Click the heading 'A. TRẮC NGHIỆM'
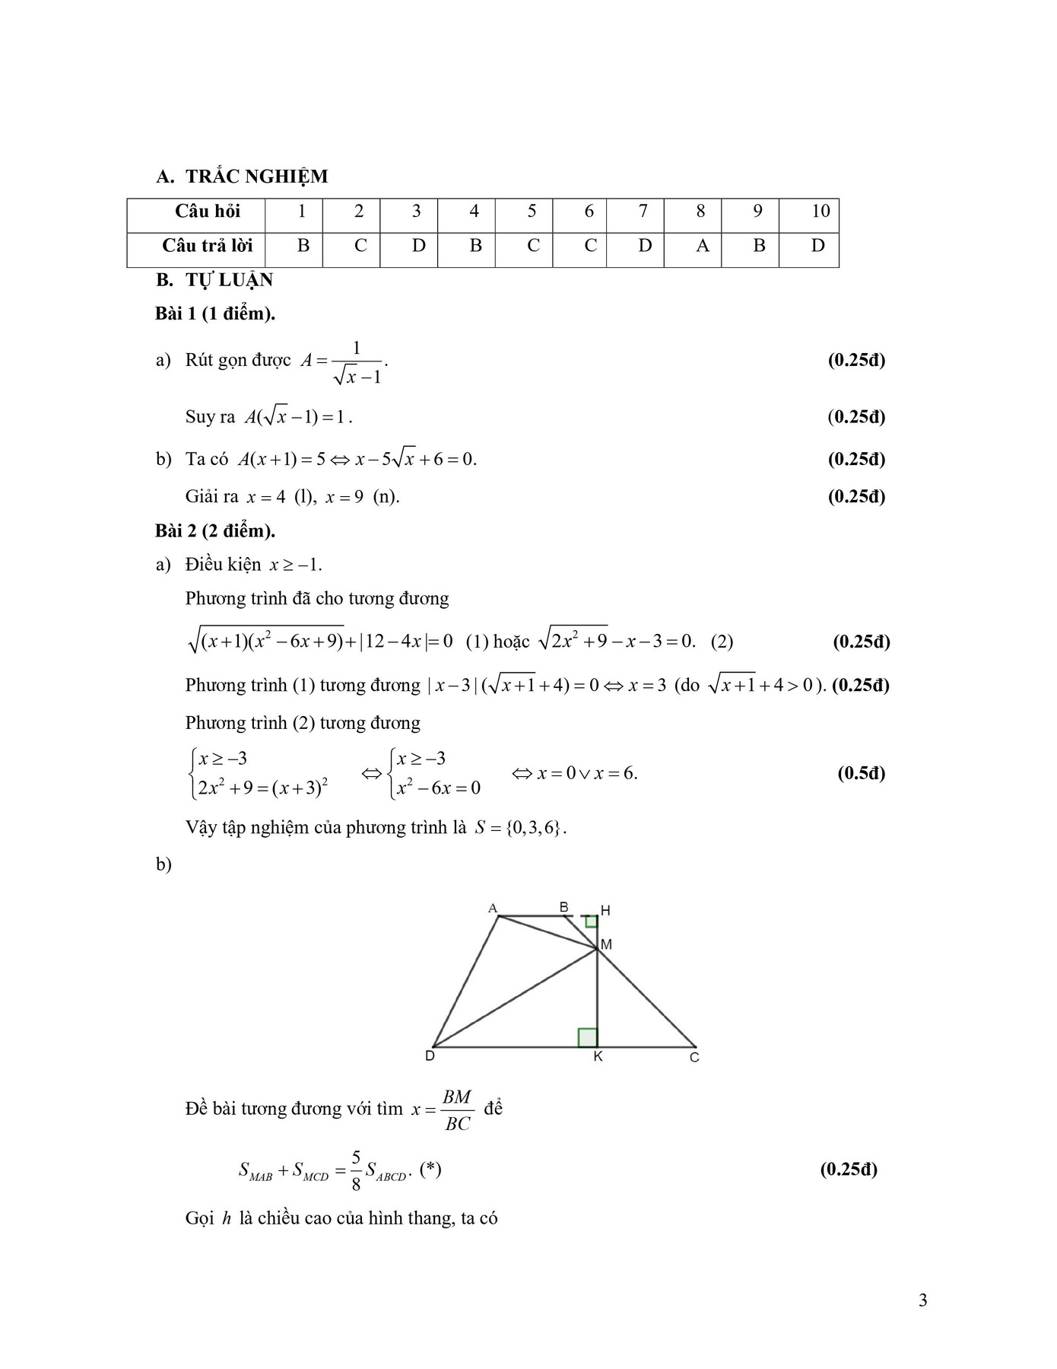(x=242, y=177)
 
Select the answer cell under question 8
(x=702, y=246)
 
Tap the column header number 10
(x=821, y=212)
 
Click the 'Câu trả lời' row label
(x=207, y=246)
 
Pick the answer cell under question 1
(x=303, y=246)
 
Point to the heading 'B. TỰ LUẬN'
(x=214, y=280)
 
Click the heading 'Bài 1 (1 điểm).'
(x=215, y=314)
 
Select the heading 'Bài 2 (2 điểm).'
(x=215, y=530)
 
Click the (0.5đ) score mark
(x=862, y=773)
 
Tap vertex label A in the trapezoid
(x=493, y=908)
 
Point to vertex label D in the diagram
(x=430, y=1056)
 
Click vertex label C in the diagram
(x=694, y=1058)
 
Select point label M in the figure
(x=606, y=944)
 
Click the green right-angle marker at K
(x=588, y=1037)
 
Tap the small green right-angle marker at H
(x=591, y=922)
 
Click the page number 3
(x=923, y=1301)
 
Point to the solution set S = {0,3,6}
(x=521, y=827)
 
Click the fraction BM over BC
(x=457, y=1110)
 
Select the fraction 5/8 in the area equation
(x=356, y=1170)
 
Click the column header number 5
(x=532, y=212)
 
